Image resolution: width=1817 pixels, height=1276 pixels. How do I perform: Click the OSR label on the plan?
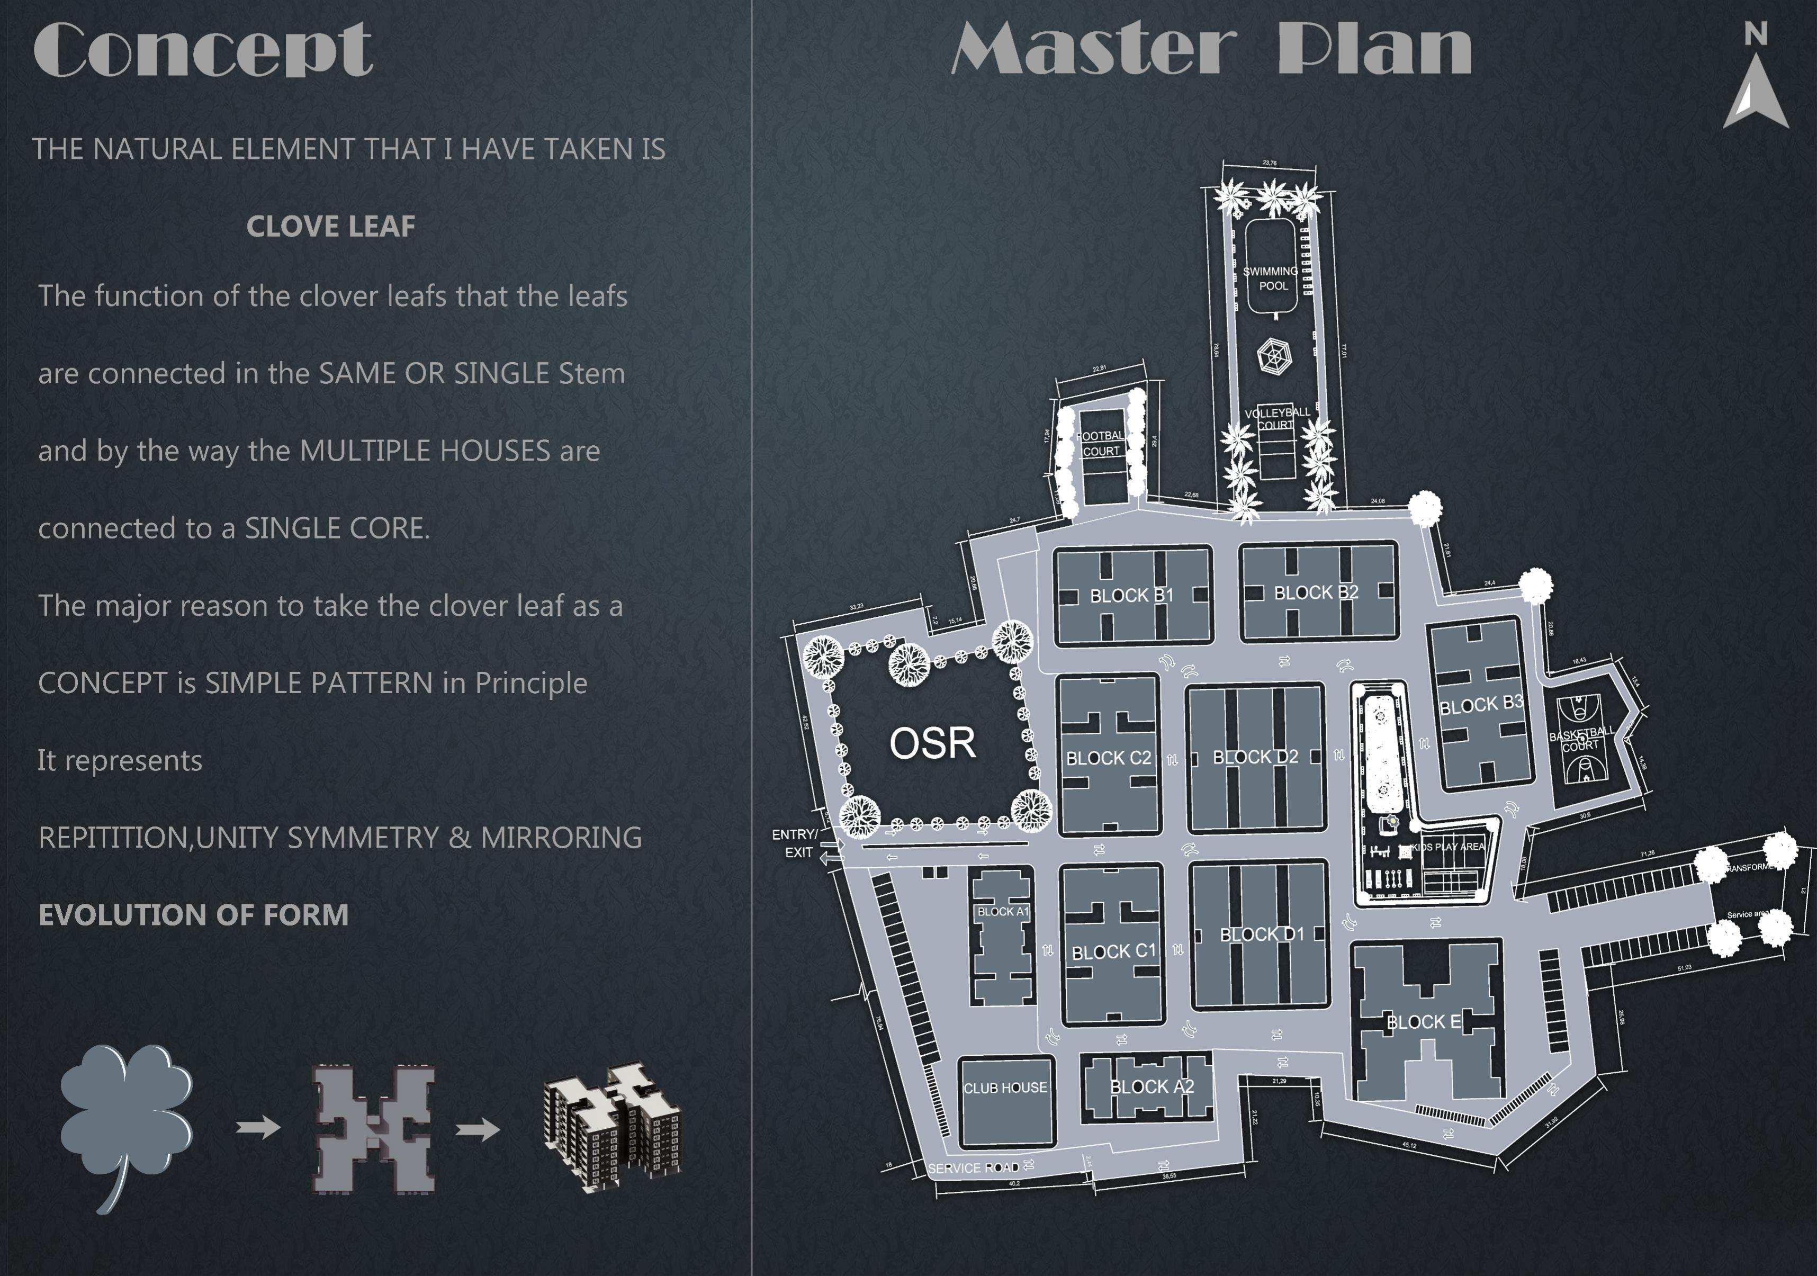click(x=932, y=742)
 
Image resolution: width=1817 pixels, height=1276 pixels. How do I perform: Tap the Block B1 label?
click(x=1132, y=595)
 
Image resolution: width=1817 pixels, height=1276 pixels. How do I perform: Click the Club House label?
click(x=1005, y=1088)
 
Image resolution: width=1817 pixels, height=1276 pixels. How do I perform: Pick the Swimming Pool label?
click(x=1271, y=278)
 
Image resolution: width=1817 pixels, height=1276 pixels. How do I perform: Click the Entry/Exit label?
click(x=795, y=843)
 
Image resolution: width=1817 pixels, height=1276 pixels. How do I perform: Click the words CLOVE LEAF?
click(x=331, y=227)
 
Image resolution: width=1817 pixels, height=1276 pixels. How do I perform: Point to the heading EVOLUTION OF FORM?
click(x=193, y=915)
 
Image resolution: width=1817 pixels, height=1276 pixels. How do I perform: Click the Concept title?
click(x=203, y=49)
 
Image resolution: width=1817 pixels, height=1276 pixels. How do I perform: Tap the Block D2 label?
click(x=1255, y=757)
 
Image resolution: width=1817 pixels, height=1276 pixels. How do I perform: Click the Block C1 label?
click(x=1113, y=951)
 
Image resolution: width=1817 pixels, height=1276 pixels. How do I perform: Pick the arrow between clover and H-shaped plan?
click(x=258, y=1127)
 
